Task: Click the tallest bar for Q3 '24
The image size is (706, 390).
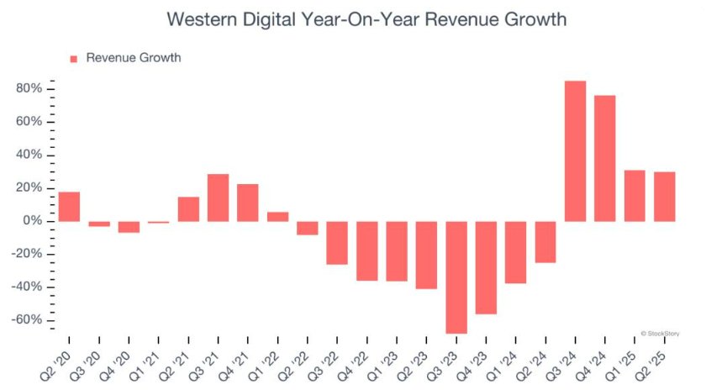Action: pyautogui.click(x=575, y=151)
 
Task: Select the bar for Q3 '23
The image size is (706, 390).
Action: pyautogui.click(x=456, y=277)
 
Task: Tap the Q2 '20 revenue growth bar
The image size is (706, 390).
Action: pyautogui.click(x=69, y=207)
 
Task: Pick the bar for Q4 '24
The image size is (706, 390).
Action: pyautogui.click(x=604, y=159)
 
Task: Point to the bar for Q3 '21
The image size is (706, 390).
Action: pyautogui.click(x=218, y=198)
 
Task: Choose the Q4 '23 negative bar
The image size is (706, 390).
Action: pyautogui.click(x=486, y=267)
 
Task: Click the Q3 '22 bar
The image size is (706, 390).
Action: pyautogui.click(x=337, y=243)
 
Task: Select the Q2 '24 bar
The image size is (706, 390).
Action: pyautogui.click(x=545, y=242)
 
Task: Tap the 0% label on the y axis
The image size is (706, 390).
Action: pyautogui.click(x=34, y=221)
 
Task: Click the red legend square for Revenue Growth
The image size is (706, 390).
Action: pyautogui.click(x=73, y=58)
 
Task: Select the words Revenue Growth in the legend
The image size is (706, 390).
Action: pyautogui.click(x=133, y=58)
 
